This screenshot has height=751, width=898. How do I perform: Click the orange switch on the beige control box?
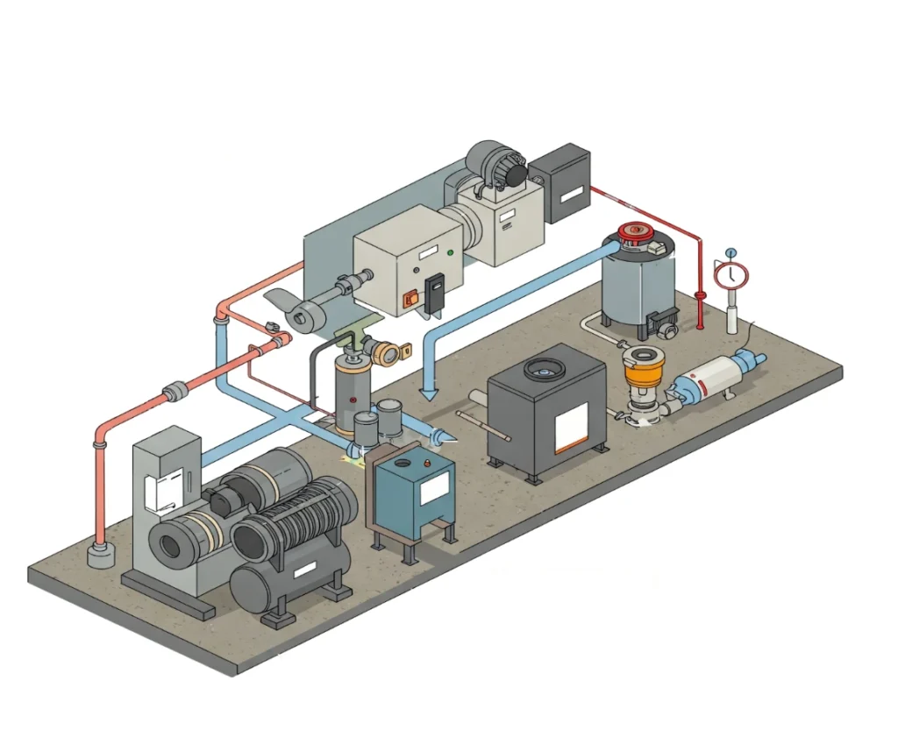coord(408,299)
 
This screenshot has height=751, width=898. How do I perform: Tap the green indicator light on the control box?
coord(450,253)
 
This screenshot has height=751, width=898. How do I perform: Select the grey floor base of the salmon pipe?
coord(101,555)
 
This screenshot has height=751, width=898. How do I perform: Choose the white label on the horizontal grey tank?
coord(303,570)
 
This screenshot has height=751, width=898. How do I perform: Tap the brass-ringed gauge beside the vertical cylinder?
coord(385,352)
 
